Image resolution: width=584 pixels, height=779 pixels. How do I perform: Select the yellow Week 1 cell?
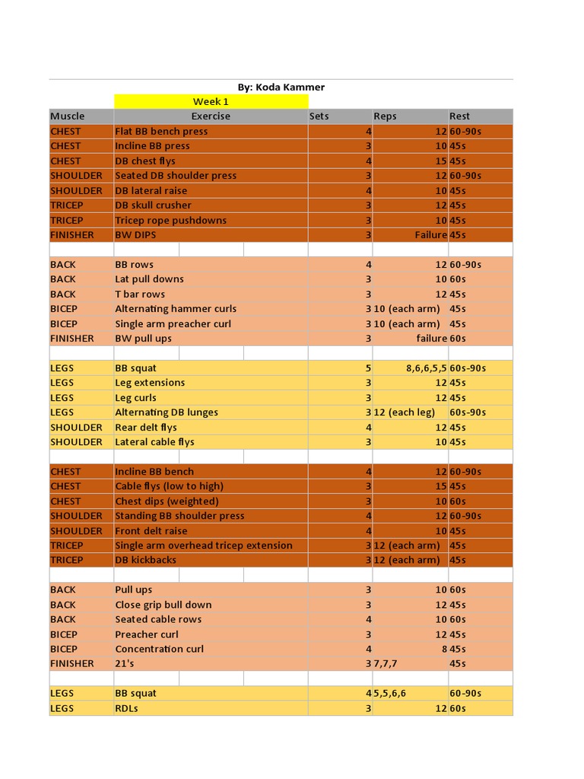coord(211,102)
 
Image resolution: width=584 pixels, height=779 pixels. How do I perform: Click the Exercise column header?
coord(211,116)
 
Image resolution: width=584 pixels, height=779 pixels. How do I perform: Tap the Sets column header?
coord(319,116)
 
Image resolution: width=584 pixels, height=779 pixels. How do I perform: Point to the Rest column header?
coord(459,116)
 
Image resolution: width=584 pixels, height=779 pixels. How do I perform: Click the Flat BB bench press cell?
coord(161,132)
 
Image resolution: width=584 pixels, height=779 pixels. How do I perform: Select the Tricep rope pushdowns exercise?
coord(170,221)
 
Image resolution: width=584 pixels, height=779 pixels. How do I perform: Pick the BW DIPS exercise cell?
coord(135,235)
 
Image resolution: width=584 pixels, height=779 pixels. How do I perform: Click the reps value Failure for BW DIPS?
coord(430,235)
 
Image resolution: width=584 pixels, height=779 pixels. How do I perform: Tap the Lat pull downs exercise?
coord(149,279)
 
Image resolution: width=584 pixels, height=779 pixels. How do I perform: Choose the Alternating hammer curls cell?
coord(176,309)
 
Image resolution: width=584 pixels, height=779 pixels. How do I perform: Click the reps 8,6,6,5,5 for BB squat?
coord(426,368)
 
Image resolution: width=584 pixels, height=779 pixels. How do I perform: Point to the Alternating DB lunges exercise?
coord(167,412)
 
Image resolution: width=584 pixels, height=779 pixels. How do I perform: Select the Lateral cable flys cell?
coord(154,442)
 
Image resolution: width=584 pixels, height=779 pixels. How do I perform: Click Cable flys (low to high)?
coord(169,486)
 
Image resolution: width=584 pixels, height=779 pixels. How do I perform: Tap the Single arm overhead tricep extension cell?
coord(204,545)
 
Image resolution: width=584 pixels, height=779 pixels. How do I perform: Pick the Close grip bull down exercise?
coord(163,605)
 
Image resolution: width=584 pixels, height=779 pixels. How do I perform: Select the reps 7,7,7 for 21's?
coord(385,663)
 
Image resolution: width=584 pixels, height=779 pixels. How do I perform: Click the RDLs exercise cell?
coord(126,708)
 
